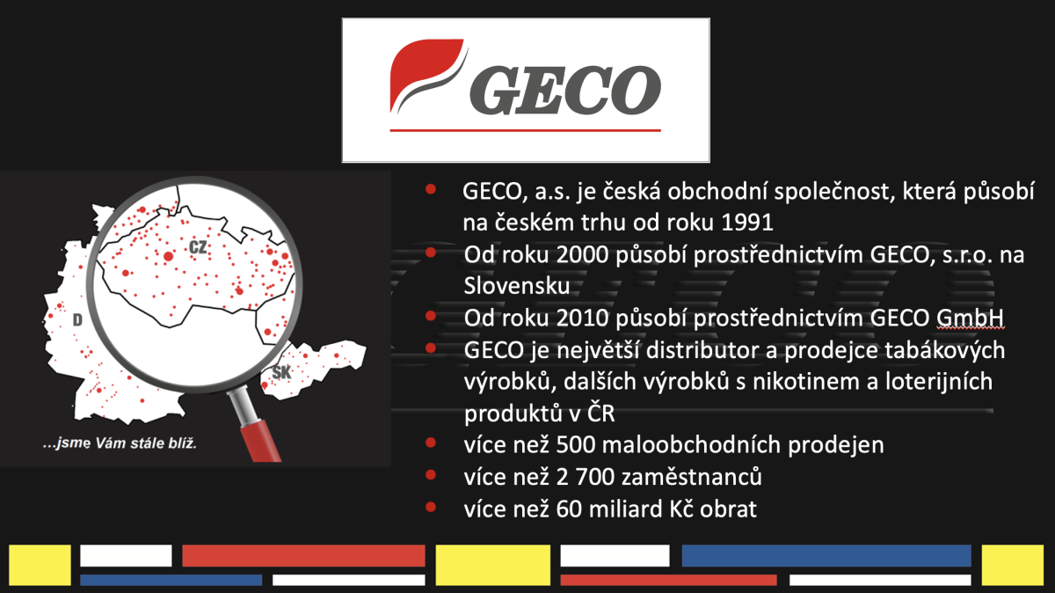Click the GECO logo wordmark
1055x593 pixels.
[x=565, y=90]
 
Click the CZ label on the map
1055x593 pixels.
[x=198, y=247]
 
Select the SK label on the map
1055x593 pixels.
[x=281, y=372]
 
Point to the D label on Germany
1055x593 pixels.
[x=77, y=320]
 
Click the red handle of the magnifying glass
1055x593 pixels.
[x=260, y=442]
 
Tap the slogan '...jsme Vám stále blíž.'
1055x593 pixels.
[x=120, y=443]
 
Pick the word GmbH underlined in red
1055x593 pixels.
[x=970, y=318]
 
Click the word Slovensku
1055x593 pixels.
[x=517, y=286]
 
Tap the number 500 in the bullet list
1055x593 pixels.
[x=576, y=444]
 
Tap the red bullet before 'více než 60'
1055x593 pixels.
[x=431, y=507]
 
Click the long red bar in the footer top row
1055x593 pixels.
[x=303, y=556]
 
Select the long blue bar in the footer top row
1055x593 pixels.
[x=826, y=556]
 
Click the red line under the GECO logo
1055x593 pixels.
[x=526, y=130]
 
